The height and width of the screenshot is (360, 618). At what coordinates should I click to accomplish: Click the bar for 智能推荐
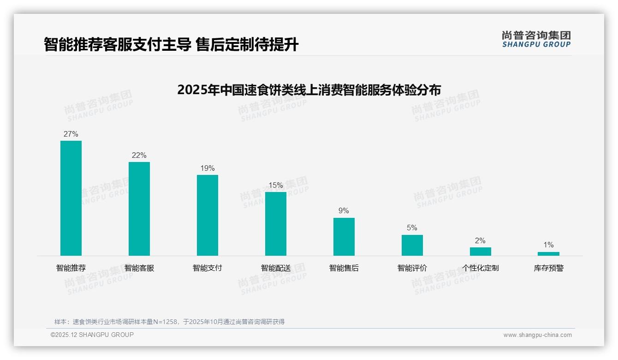[71, 198]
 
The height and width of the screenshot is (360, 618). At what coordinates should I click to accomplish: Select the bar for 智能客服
[139, 209]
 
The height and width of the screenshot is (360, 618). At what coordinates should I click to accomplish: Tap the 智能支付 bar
[208, 215]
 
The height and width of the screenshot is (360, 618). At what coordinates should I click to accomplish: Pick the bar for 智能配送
[276, 224]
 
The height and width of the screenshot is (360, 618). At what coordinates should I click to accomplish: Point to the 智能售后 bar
[344, 237]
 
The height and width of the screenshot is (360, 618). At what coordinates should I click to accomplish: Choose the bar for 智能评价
[412, 245]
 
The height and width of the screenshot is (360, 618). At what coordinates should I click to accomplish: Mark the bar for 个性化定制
[481, 252]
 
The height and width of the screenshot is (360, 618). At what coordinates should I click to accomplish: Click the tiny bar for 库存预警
[548, 254]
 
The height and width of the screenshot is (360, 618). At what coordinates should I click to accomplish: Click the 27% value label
[71, 134]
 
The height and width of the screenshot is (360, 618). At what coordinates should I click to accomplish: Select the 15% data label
[276, 186]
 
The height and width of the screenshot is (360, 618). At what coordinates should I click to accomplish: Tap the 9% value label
[344, 211]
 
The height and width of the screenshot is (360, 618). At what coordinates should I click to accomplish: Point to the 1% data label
[548, 245]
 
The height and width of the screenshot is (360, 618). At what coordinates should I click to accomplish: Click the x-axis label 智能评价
[412, 268]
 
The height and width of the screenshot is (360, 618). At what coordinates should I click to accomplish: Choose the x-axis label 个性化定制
[481, 268]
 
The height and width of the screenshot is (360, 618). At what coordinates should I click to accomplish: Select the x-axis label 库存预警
[548, 268]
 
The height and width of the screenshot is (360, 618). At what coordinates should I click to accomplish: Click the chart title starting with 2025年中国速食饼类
[309, 90]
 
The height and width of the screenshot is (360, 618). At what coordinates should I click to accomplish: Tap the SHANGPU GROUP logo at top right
[536, 39]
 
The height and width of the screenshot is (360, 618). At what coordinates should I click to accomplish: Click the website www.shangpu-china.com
[537, 335]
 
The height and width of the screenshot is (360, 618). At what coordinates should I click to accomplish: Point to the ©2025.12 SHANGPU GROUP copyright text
[92, 335]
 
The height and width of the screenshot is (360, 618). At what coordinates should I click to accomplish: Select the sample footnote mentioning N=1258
[170, 322]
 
